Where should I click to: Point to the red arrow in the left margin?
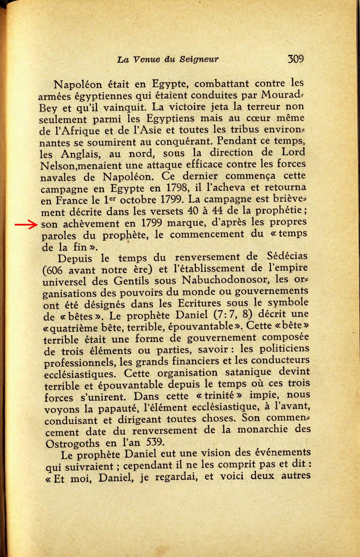point(26,225)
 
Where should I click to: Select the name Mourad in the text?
point(280,95)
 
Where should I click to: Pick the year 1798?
point(177,188)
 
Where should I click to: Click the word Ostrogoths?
point(73,444)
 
